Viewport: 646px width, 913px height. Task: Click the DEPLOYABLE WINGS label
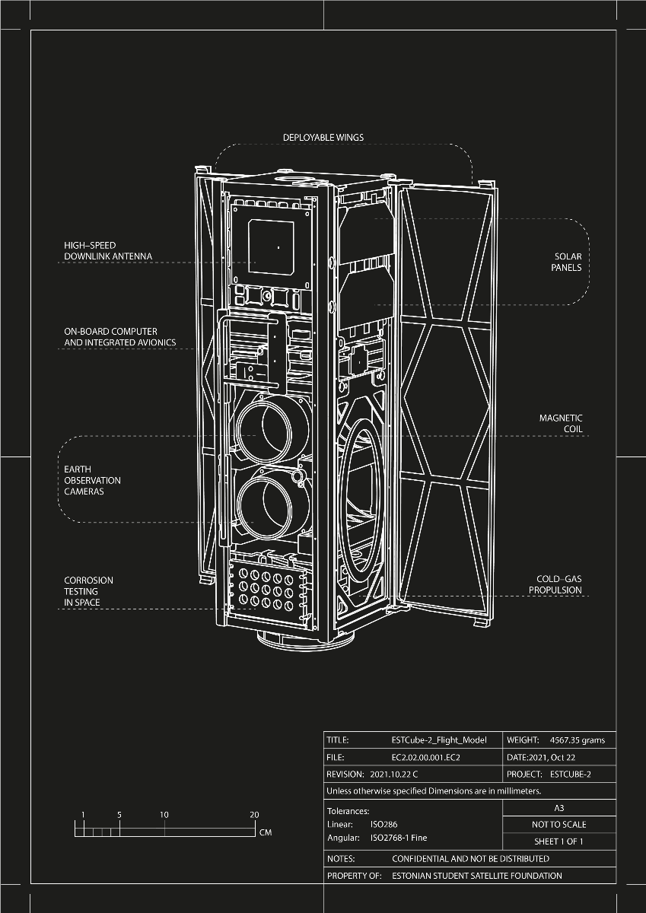(323, 138)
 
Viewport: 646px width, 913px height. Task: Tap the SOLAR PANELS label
(568, 262)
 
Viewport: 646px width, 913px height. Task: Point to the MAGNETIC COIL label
(561, 424)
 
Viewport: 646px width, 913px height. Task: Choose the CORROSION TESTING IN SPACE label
(88, 591)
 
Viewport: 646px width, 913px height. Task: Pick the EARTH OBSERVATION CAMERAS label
(92, 480)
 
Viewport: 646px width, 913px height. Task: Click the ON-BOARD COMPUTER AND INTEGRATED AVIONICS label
(119, 337)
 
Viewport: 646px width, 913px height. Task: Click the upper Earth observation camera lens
(263, 428)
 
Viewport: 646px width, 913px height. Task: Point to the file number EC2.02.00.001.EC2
(426, 757)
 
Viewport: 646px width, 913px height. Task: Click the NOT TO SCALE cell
(559, 825)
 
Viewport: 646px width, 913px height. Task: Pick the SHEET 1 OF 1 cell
(559, 841)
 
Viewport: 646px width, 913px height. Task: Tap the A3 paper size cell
(559, 808)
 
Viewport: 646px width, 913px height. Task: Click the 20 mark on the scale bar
(254, 815)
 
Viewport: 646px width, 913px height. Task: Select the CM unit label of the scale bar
(266, 832)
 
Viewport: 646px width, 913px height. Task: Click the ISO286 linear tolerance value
(383, 824)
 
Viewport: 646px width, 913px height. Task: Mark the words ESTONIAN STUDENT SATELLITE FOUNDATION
(477, 876)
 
